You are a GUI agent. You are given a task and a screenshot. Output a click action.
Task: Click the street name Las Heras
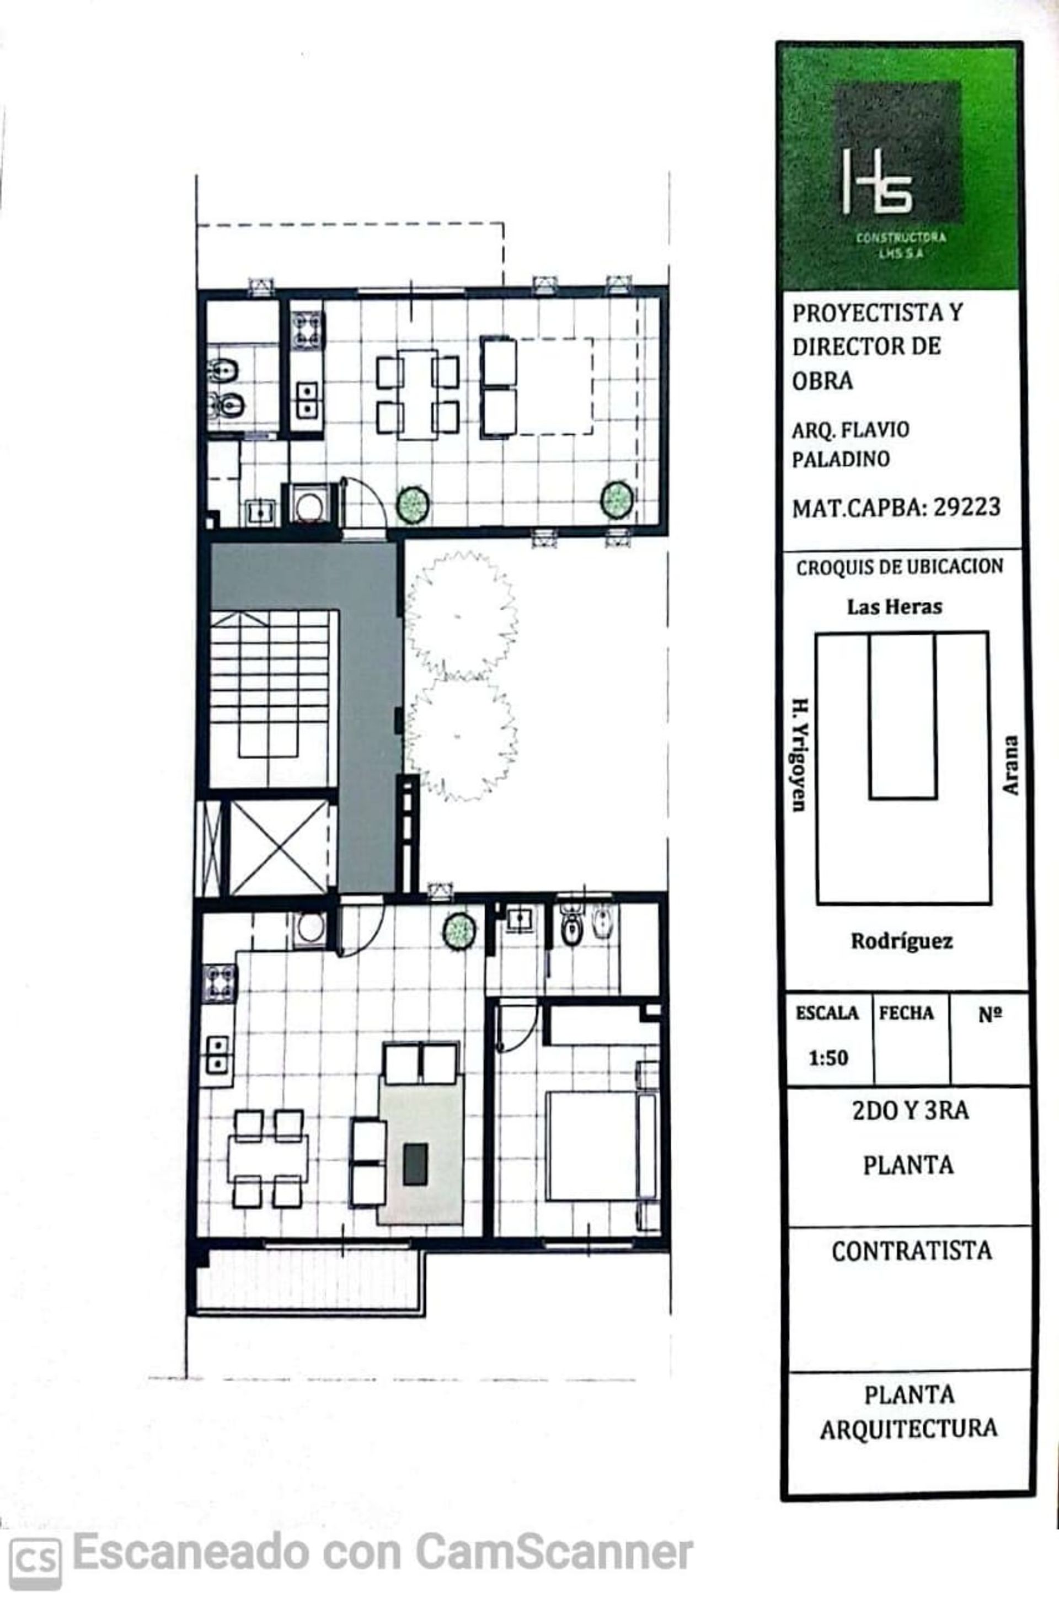(894, 606)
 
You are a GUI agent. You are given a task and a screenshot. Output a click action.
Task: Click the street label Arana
(1010, 765)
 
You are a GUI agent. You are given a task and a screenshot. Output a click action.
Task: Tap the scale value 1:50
(828, 1057)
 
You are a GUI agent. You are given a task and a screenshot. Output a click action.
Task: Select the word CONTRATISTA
(912, 1250)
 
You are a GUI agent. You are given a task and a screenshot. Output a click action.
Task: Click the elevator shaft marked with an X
(278, 848)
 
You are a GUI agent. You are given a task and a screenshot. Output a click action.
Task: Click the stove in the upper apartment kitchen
(307, 331)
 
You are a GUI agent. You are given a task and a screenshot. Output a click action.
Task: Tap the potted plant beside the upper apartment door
(413, 503)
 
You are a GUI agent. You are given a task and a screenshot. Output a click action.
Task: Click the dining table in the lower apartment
(268, 1159)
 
